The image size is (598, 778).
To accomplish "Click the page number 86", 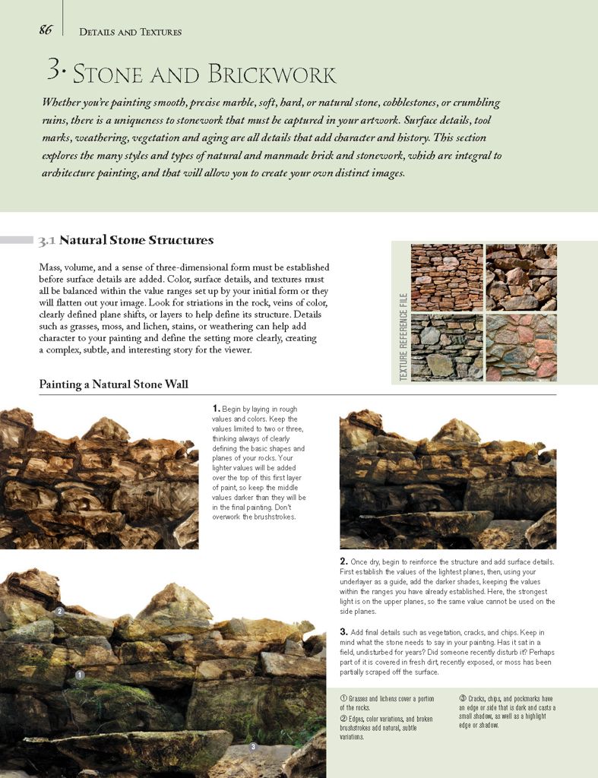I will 46,30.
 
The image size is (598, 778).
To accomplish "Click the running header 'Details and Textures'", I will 130,32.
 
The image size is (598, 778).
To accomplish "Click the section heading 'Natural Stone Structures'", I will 136,241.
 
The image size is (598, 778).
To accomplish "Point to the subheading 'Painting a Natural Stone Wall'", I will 113,384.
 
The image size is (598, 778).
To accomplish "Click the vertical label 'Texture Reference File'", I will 403,337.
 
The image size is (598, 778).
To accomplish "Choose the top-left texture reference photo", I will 447,277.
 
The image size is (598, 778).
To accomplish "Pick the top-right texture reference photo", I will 521,277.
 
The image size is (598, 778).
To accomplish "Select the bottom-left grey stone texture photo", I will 447,348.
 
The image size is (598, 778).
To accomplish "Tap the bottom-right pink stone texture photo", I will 521,348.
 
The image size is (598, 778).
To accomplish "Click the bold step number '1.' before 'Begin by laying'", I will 217,409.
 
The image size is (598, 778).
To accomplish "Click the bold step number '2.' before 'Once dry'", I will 343,561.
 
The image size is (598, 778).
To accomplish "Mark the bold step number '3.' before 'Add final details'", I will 343,632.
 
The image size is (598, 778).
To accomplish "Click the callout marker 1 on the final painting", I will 80,675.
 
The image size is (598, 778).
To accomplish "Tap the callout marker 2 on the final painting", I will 59,611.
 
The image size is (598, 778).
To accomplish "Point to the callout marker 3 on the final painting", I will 252,747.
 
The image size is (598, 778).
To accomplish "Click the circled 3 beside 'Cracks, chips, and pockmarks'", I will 462,698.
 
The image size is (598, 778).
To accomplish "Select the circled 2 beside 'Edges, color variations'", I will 343,718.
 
